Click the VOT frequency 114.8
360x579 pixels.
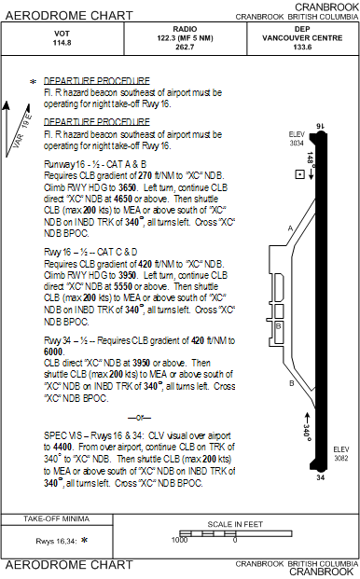62,43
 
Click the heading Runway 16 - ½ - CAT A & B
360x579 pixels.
96,163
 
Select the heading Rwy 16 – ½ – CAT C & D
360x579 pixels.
90,252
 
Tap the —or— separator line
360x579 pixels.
138,417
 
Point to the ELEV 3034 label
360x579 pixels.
297,139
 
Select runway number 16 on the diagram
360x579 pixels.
321,125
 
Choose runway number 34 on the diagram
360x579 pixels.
320,477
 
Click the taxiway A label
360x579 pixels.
291,228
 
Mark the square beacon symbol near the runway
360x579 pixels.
298,174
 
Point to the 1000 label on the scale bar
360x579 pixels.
179,539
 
